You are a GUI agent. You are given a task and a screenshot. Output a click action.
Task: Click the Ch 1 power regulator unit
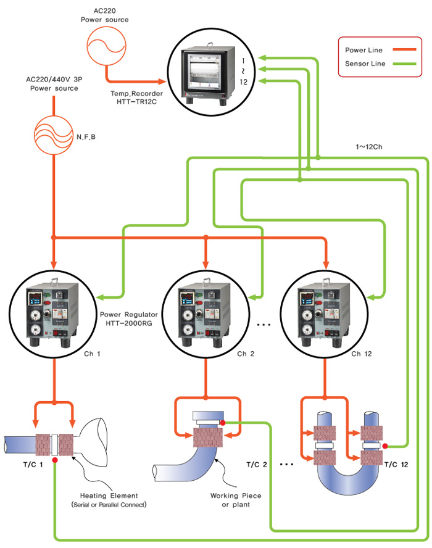click(x=54, y=315)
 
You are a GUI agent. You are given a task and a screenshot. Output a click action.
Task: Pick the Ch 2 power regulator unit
click(x=206, y=315)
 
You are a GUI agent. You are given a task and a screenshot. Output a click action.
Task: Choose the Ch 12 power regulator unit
click(x=323, y=315)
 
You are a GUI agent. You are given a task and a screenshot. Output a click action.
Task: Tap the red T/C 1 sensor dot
click(x=56, y=460)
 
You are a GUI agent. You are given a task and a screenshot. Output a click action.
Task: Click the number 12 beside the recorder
click(x=246, y=81)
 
